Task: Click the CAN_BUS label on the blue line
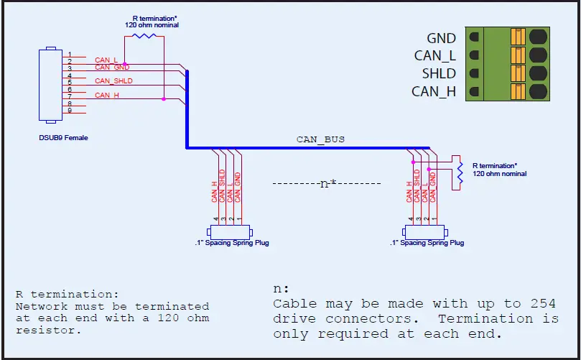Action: click(320, 139)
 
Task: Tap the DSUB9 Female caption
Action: click(64, 137)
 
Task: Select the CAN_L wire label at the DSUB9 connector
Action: click(106, 60)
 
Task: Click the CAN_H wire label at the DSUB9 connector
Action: click(107, 95)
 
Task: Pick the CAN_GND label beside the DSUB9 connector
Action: click(111, 68)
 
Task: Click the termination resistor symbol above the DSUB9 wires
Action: click(144, 34)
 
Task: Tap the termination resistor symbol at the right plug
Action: click(458, 171)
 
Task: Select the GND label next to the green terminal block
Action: click(441, 38)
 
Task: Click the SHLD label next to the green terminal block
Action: click(440, 73)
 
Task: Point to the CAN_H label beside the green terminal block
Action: click(434, 91)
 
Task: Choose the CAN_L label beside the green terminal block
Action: click(434, 55)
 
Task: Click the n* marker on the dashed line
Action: click(327, 184)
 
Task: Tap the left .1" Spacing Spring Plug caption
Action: click(232, 243)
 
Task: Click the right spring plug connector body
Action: click(424, 232)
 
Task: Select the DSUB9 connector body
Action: click(49, 84)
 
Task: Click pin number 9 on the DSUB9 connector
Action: click(70, 110)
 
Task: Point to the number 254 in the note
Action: click(544, 304)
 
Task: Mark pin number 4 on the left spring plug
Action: click(215, 218)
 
